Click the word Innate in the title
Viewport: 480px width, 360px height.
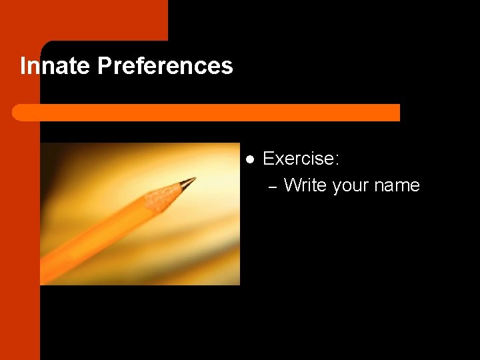[x=55, y=66]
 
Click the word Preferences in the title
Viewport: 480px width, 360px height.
[x=165, y=66]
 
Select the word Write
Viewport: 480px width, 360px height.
[x=305, y=185]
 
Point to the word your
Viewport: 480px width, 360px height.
[x=350, y=186]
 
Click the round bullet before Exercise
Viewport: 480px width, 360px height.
[x=250, y=159]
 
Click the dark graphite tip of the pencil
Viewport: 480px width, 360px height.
[x=188, y=181]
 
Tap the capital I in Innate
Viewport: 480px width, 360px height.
[x=23, y=66]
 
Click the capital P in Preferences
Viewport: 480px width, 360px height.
[x=104, y=66]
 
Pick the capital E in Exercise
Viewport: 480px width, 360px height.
[x=269, y=159]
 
